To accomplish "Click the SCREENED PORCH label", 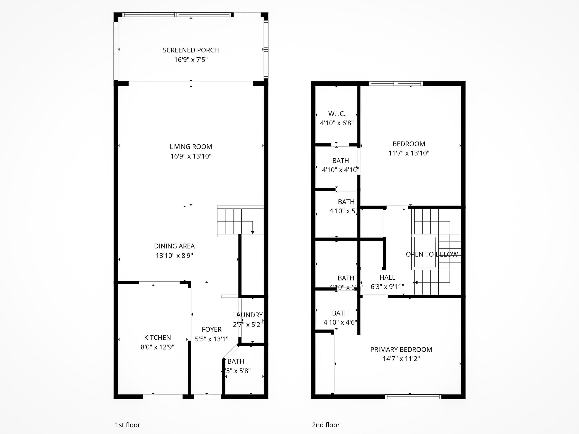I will pos(191,50).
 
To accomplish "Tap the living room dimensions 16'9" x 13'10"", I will pos(191,156).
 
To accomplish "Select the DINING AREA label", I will pos(174,246).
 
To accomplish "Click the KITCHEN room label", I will pos(157,338).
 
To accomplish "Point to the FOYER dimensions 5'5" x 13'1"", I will pos(211,339).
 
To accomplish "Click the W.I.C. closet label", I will pos(337,114).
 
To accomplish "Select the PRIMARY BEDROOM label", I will pos(401,349).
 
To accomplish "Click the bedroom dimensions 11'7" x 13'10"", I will pos(409,153).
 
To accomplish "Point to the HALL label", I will pos(387,277).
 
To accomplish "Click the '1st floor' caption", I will pos(127,425).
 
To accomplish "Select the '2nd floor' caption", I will pos(326,425).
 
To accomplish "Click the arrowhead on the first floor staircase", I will pos(253,232).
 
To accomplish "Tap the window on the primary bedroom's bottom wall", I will pos(413,397).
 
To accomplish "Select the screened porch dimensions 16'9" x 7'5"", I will pos(191,60).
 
